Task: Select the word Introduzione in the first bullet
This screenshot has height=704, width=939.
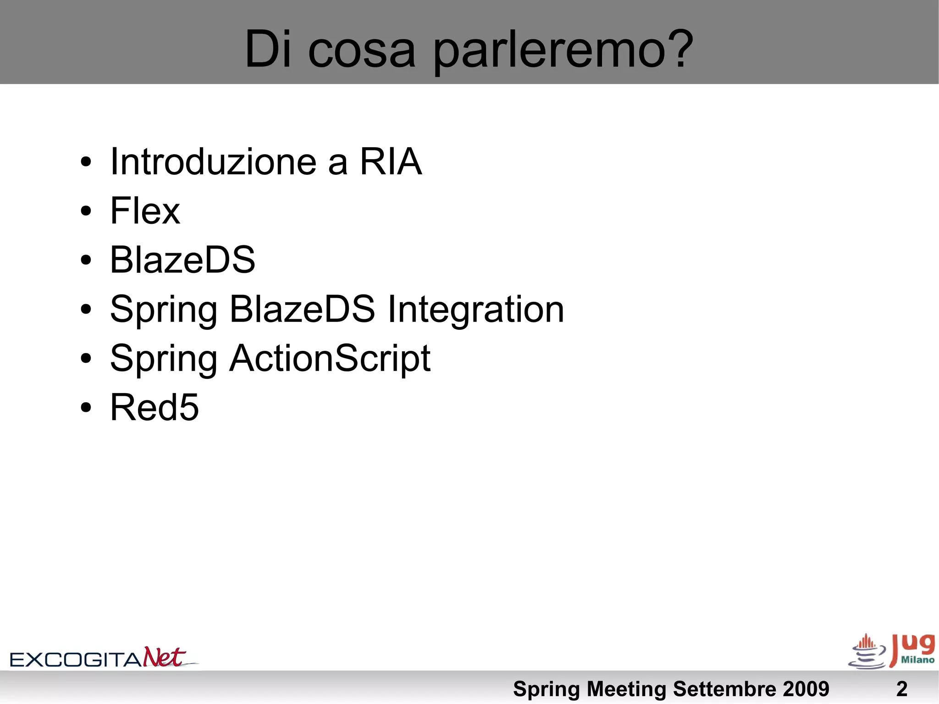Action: (213, 161)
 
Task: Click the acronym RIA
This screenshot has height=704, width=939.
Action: (391, 161)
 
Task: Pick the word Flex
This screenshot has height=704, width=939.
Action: (145, 211)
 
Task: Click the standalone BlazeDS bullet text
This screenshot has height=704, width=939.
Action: (182, 260)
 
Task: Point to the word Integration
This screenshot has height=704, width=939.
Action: (476, 310)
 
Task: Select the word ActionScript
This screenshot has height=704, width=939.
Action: (330, 358)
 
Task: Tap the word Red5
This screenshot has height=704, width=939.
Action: (155, 407)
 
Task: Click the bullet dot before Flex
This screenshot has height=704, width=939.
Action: (86, 211)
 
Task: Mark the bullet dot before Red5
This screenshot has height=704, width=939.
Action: (86, 408)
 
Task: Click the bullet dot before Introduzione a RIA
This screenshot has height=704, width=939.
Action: (86, 162)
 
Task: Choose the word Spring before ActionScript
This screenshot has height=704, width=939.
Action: (163, 359)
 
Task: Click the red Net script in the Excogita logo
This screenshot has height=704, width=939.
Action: (164, 657)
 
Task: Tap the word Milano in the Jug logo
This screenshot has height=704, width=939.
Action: (917, 660)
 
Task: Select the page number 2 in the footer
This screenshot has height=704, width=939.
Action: (901, 689)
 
